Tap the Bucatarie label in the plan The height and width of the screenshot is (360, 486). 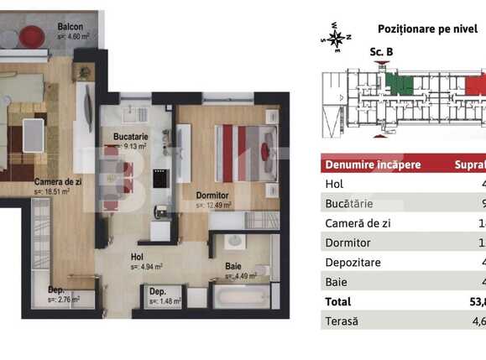(130, 136)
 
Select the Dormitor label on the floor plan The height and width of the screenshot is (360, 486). (212, 195)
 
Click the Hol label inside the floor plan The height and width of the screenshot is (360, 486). (136, 258)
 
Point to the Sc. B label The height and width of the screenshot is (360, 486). (381, 52)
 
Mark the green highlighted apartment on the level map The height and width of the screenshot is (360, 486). (402, 85)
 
